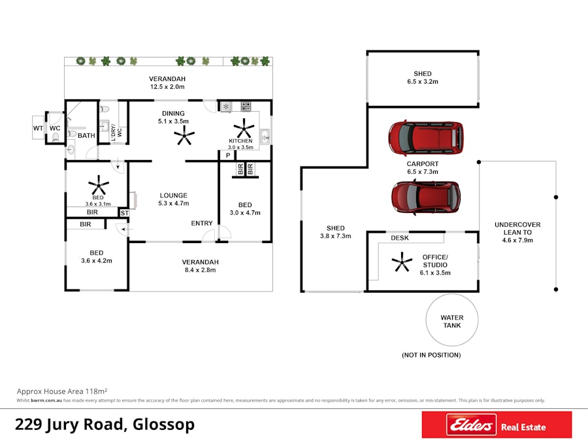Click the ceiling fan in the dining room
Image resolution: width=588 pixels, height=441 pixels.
pyautogui.click(x=184, y=137)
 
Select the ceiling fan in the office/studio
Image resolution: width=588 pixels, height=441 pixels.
pyautogui.click(x=401, y=263)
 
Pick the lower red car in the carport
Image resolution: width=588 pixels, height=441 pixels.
pyautogui.click(x=426, y=196)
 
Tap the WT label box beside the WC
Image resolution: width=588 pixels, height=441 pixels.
pyautogui.click(x=38, y=128)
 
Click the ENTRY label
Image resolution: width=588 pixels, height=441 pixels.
pyautogui.click(x=202, y=223)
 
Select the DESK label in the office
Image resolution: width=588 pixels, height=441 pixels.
pyautogui.click(x=400, y=238)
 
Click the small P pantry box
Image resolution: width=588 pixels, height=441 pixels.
pyautogui.click(x=227, y=155)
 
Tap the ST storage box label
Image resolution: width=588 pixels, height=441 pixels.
pyautogui.click(x=125, y=213)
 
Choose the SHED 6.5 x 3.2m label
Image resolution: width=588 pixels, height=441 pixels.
pyautogui.click(x=422, y=78)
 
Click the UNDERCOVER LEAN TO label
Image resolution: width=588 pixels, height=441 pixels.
pyautogui.click(x=517, y=232)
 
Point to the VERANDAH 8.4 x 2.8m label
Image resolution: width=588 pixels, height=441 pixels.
pyautogui.click(x=200, y=265)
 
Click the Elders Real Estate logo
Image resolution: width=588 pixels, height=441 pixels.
pyautogui.click(x=497, y=426)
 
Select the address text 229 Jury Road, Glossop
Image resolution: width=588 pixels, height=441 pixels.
pyautogui.click(x=105, y=425)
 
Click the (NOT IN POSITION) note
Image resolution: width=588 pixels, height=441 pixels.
pyautogui.click(x=431, y=355)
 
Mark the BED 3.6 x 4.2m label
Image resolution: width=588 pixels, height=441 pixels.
pyautogui.click(x=97, y=256)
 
